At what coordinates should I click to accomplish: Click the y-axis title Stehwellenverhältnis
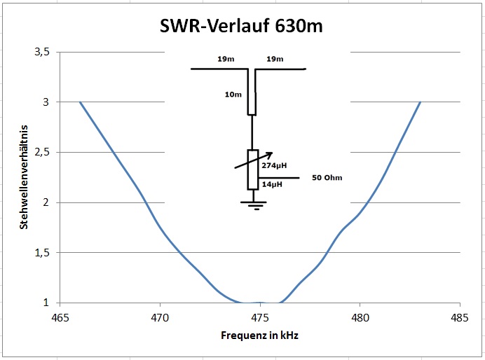tap(24, 178)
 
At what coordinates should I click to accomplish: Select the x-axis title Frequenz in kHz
tap(259, 336)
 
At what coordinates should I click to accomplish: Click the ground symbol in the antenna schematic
tap(252, 205)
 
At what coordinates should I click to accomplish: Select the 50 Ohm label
tap(327, 178)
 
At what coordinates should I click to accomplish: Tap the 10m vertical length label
tap(233, 94)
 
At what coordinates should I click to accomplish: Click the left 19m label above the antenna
tap(225, 60)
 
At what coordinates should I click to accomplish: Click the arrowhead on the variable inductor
tap(270, 155)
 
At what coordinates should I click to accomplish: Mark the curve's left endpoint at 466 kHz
tap(80, 102)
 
